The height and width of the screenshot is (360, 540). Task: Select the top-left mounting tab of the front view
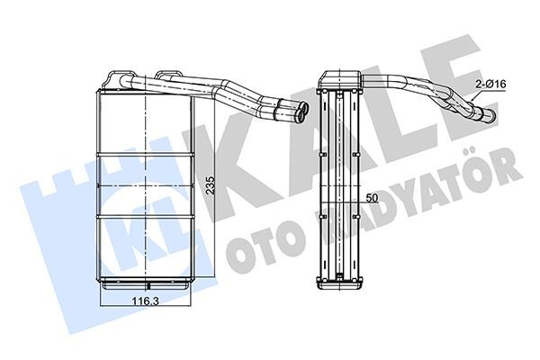[x=115, y=76]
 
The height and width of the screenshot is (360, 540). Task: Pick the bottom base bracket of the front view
[x=144, y=285]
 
